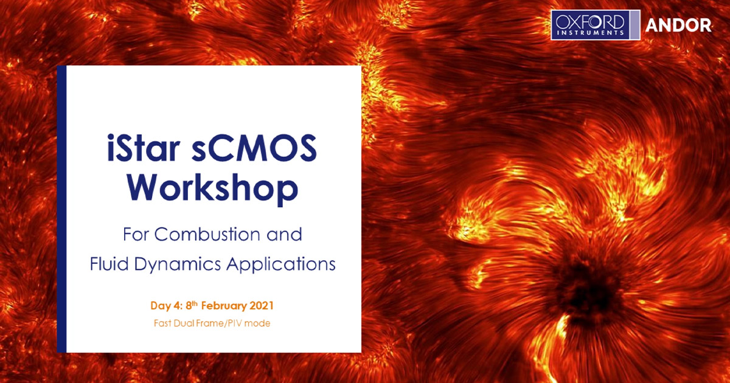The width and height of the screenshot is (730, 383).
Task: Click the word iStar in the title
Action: (x=144, y=148)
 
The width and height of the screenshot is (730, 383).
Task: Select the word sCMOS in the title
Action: (x=254, y=148)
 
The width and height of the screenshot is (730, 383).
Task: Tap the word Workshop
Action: (x=212, y=188)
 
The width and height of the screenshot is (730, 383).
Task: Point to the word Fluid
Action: (x=109, y=263)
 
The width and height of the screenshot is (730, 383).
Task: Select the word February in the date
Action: (x=224, y=306)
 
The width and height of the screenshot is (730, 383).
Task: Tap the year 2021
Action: (x=262, y=306)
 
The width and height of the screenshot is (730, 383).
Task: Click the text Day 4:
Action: (x=166, y=306)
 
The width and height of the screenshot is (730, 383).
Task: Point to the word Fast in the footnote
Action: (x=163, y=323)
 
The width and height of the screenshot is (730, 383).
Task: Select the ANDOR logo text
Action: (x=678, y=26)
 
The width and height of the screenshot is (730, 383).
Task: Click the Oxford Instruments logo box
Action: (x=596, y=25)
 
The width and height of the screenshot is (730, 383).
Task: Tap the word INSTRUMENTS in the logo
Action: (x=590, y=33)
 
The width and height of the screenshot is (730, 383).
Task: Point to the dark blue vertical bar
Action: (x=61, y=209)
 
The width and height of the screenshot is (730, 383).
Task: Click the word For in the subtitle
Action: (x=136, y=234)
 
